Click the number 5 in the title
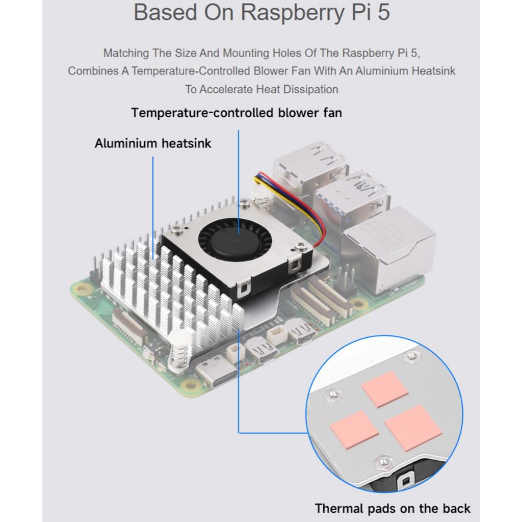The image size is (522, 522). click(382, 12)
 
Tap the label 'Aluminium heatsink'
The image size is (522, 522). click(153, 143)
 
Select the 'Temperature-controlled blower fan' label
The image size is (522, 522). click(237, 112)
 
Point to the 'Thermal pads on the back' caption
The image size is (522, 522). click(393, 508)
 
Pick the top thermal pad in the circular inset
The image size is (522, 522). click(384, 388)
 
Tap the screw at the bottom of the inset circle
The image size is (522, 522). click(382, 462)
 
